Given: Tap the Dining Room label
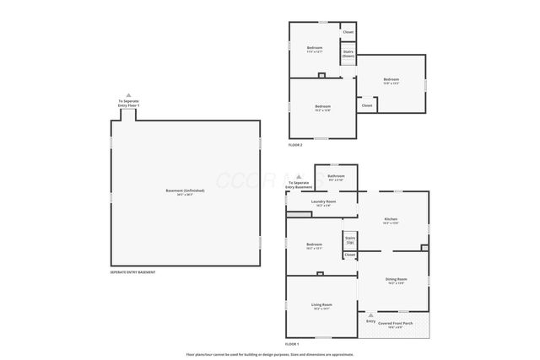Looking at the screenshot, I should [397, 281].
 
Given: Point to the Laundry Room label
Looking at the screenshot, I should [323, 202].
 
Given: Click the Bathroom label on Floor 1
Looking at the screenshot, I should [336, 177].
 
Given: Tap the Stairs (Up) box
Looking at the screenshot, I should [349, 240].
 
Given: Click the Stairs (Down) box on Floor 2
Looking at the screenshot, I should [348, 53].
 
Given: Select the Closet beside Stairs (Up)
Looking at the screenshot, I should [349, 255].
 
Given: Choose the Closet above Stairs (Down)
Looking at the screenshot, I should [348, 32].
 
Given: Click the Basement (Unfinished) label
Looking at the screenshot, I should [185, 192].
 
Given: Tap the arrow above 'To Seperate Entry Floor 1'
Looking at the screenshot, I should [128, 95].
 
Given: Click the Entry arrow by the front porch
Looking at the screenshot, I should [370, 315].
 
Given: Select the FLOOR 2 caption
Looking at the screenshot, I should [295, 146].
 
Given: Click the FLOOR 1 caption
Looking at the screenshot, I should [292, 345].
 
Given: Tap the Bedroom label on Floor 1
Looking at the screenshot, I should [315, 246].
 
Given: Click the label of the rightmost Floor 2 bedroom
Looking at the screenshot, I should [391, 82].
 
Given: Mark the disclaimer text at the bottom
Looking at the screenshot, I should [270, 354].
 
